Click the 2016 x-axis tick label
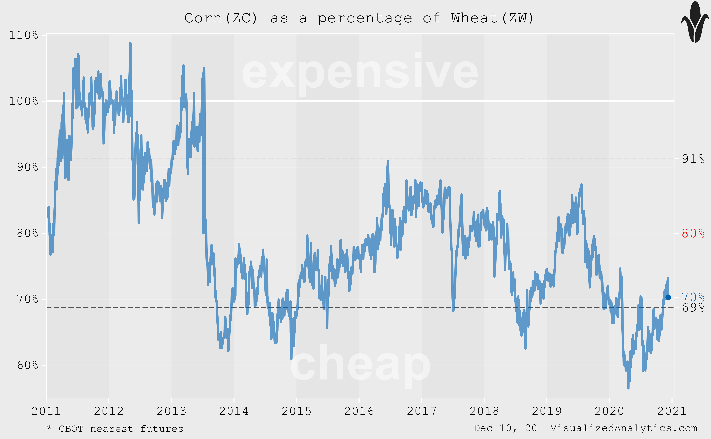click(x=359, y=411)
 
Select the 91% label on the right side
click(x=693, y=159)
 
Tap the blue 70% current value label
click(x=693, y=297)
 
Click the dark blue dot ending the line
click(x=668, y=297)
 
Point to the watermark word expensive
click(x=360, y=73)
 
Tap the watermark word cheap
click(x=360, y=364)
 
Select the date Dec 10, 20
click(x=505, y=428)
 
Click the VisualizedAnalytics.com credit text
click(x=624, y=428)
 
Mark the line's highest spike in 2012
click(x=130, y=44)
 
